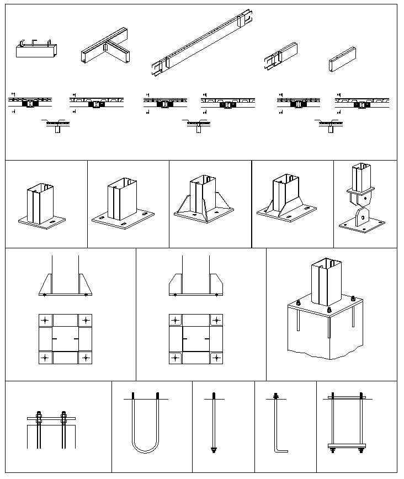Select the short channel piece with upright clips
36,49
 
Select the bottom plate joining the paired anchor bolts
347,445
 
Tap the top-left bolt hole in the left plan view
45,321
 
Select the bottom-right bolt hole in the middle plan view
216,358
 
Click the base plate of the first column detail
42,222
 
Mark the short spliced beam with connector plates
281,56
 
